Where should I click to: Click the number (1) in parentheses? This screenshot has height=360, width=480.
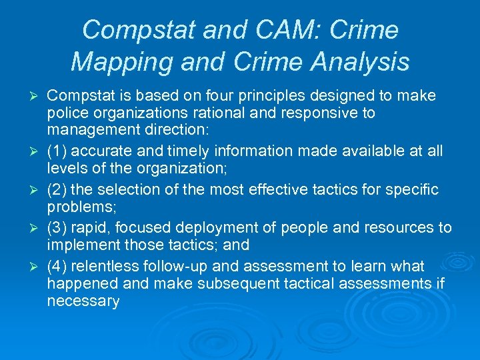click(x=57, y=151)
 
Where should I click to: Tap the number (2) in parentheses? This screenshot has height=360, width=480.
click(x=57, y=190)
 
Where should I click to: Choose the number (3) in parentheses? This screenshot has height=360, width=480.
click(x=57, y=228)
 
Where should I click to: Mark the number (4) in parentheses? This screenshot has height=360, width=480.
click(x=57, y=267)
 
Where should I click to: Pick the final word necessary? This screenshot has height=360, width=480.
click(x=83, y=301)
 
